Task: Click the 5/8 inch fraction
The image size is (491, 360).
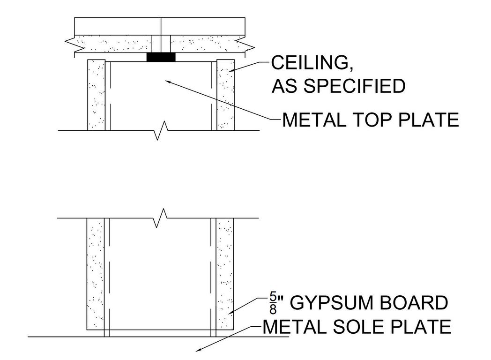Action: [273, 304]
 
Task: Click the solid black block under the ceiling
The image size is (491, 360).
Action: [161, 57]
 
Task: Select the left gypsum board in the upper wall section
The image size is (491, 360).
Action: [96, 95]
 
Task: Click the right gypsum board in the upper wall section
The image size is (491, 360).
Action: [225, 95]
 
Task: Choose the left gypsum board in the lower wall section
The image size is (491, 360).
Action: [96, 274]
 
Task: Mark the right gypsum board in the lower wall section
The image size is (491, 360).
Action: [225, 274]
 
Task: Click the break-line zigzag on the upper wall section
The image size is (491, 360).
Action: [160, 130]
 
